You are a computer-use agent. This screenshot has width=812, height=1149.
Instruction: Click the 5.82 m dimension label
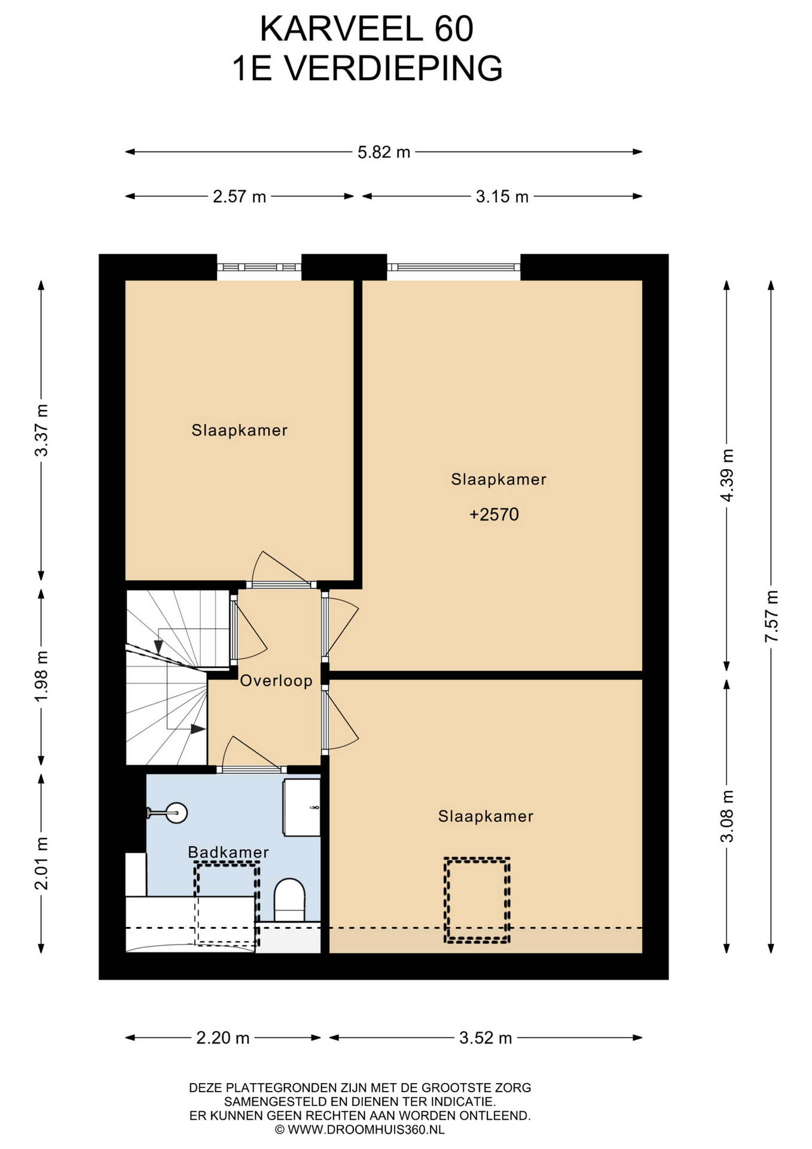click(x=384, y=152)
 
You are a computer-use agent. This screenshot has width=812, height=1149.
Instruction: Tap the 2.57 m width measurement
click(x=239, y=196)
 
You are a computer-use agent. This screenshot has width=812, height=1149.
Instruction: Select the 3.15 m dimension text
click(x=502, y=196)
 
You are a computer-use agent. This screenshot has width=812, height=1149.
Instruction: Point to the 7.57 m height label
click(x=771, y=616)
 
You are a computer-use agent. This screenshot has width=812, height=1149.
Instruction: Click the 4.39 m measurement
click(x=726, y=475)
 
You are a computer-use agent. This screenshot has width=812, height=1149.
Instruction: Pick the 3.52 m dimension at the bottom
click(x=486, y=1038)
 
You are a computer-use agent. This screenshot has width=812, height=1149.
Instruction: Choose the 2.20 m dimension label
click(x=222, y=1038)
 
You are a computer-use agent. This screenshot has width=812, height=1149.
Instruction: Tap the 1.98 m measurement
click(x=41, y=677)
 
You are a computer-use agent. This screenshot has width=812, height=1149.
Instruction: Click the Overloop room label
click(x=276, y=680)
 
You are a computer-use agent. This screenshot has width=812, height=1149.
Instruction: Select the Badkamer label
click(x=228, y=852)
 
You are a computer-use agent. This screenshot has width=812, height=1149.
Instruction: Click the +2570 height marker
click(x=494, y=515)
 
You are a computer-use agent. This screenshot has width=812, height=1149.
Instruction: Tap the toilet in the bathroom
click(x=289, y=899)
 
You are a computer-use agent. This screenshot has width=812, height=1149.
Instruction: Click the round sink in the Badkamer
click(x=176, y=813)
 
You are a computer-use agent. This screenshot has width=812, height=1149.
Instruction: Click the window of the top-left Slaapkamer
click(x=259, y=268)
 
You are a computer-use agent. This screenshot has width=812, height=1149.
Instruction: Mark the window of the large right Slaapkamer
click(x=454, y=268)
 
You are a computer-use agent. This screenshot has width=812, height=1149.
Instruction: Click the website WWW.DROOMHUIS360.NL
click(x=366, y=1130)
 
